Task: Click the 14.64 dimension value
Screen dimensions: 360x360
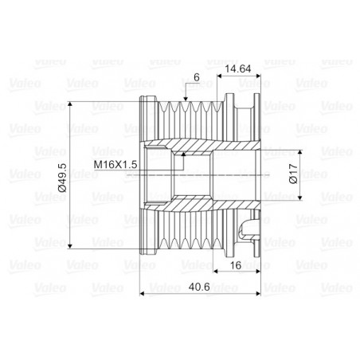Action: (x=237, y=68)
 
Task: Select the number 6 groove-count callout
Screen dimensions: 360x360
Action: (x=197, y=77)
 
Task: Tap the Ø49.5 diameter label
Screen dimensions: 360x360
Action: (x=62, y=178)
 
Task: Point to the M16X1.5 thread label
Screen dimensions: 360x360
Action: (x=115, y=165)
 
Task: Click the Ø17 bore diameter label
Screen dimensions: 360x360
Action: (x=293, y=174)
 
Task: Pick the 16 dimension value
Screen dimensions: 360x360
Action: (x=236, y=265)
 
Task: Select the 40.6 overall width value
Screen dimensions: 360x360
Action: (x=199, y=287)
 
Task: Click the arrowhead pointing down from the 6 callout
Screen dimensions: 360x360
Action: (x=186, y=99)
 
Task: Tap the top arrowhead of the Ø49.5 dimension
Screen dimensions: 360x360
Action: (x=70, y=104)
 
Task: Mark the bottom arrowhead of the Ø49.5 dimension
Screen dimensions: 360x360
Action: (x=70, y=246)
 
